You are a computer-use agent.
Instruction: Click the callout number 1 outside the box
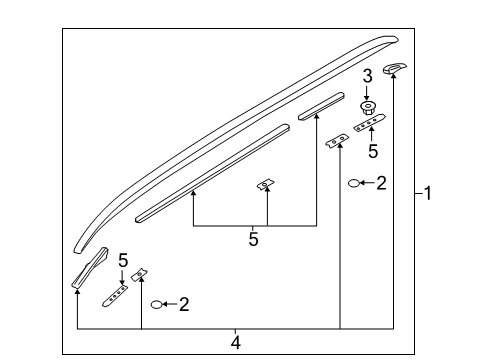(428, 193)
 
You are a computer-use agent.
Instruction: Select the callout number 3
(367, 76)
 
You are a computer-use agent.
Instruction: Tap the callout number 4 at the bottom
(235, 343)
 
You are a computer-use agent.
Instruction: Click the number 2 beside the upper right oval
(381, 183)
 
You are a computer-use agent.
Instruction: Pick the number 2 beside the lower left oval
(184, 304)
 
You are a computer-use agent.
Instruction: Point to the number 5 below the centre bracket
(253, 239)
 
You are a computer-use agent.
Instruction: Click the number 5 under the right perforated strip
(373, 151)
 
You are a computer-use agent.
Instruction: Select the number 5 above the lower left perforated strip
(123, 260)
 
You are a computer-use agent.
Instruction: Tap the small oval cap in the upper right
(353, 183)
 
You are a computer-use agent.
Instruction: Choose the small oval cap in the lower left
(156, 304)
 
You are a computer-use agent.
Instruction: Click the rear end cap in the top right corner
(394, 68)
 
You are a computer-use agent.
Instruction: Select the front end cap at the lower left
(89, 268)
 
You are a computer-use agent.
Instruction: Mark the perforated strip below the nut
(369, 123)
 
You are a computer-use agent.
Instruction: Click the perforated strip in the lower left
(115, 296)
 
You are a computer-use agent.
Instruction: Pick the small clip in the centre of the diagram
(266, 184)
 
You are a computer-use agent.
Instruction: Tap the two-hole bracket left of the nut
(337, 141)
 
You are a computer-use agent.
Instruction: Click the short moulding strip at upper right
(321, 106)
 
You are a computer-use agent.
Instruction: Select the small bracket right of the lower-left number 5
(140, 274)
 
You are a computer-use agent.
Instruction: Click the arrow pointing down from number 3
(367, 93)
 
